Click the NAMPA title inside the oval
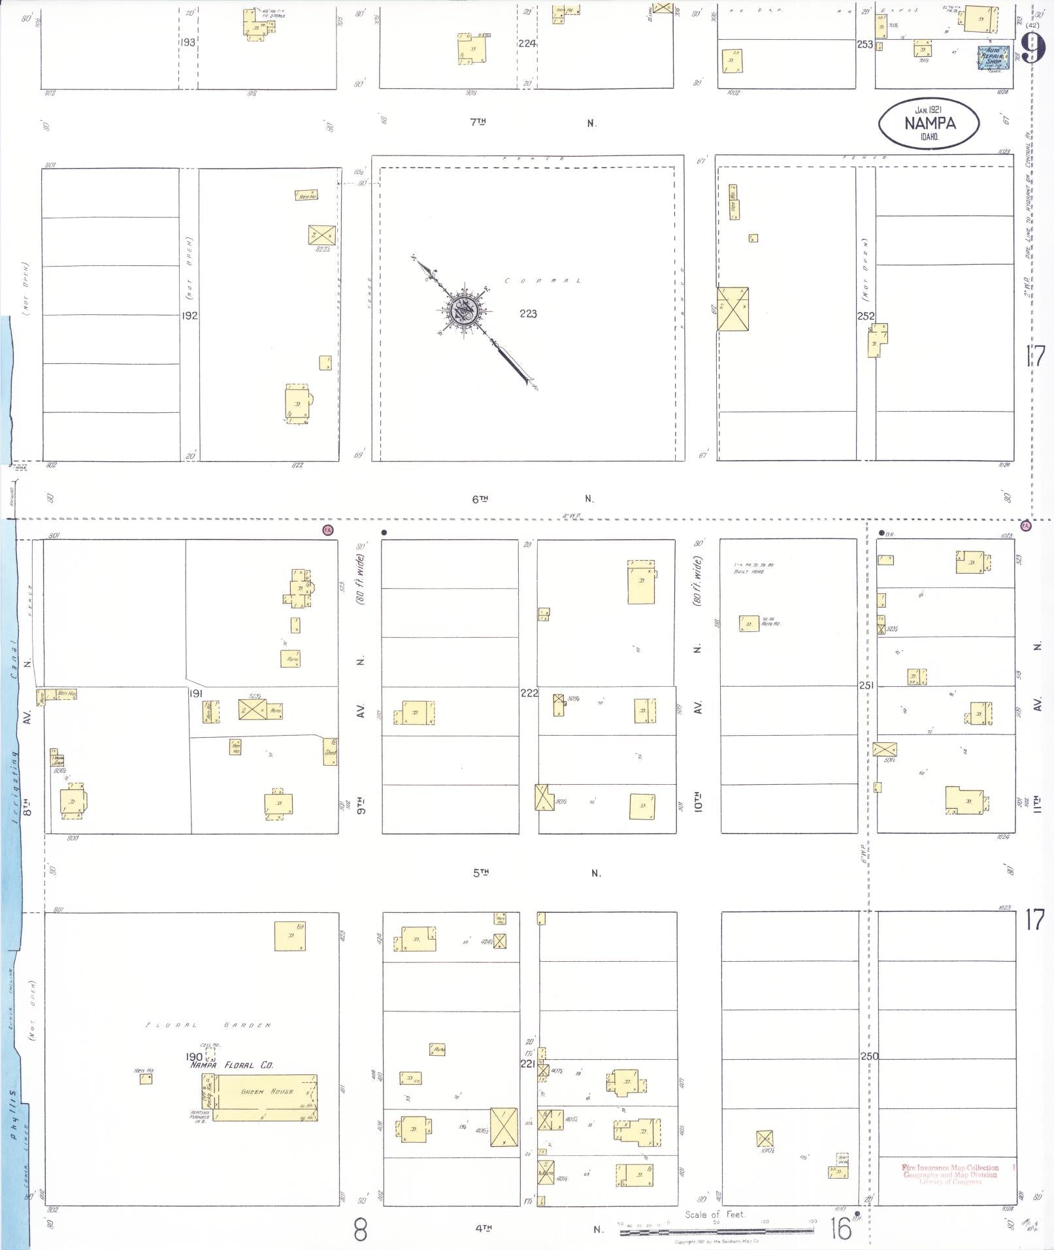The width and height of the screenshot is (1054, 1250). (x=930, y=123)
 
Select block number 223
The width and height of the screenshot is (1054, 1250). (x=528, y=314)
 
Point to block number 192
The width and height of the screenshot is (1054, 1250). (x=189, y=316)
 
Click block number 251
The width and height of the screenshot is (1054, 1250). (x=866, y=685)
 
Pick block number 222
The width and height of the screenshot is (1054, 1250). (x=529, y=693)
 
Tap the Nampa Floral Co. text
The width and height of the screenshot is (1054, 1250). (x=231, y=1065)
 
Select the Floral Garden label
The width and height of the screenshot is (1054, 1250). (x=207, y=1025)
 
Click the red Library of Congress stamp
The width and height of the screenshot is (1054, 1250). (x=949, y=1174)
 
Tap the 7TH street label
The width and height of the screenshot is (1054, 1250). (x=479, y=122)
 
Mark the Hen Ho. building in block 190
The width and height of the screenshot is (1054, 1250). (x=146, y=1079)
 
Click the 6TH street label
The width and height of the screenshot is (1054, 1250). (x=480, y=499)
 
